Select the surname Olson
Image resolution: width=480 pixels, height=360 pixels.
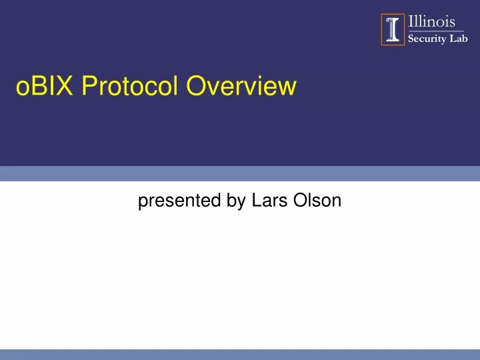(x=317, y=201)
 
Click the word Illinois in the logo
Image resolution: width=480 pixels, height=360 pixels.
(x=431, y=23)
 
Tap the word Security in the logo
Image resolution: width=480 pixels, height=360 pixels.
(x=427, y=38)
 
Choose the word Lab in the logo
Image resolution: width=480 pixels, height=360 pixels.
(x=459, y=38)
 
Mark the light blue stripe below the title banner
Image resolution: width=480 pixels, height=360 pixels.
(x=240, y=173)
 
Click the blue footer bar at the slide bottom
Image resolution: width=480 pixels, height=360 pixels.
(x=240, y=354)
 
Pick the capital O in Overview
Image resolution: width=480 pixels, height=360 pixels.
(x=196, y=86)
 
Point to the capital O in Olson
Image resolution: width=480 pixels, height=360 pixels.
(x=298, y=201)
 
